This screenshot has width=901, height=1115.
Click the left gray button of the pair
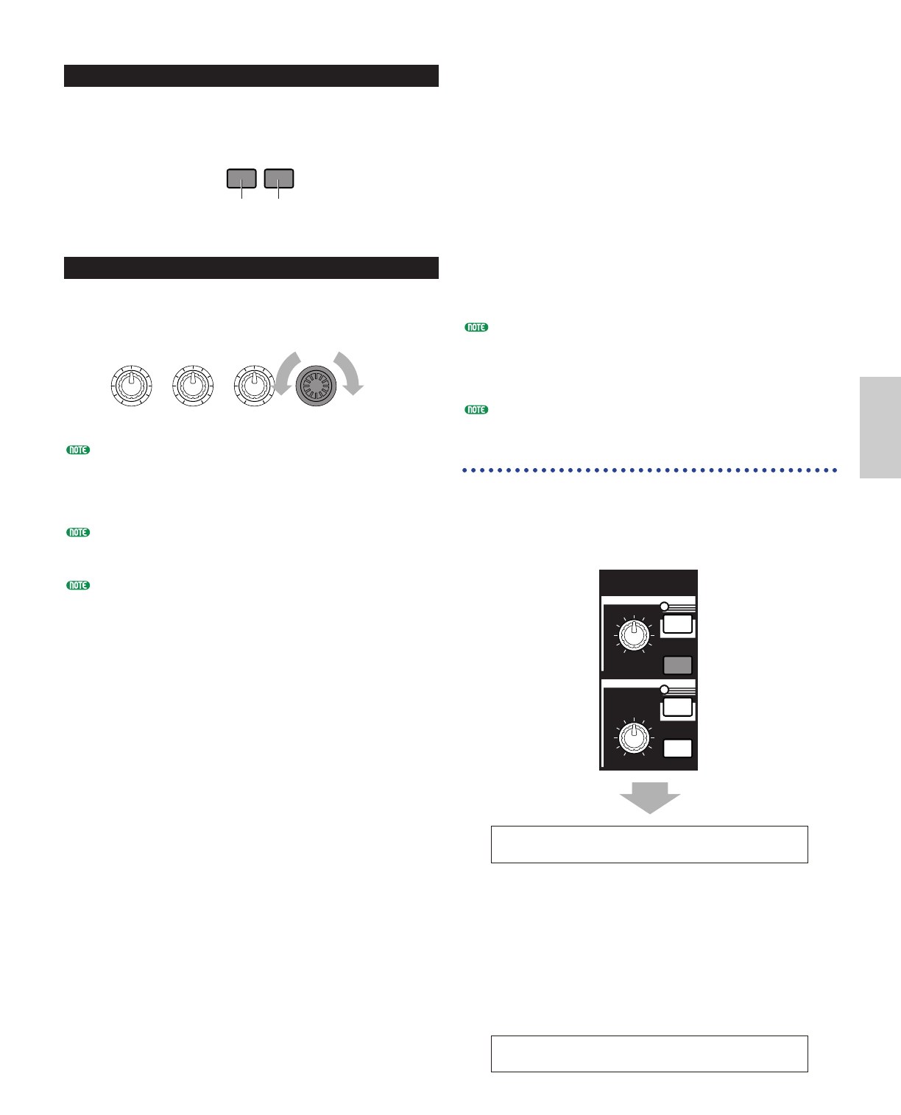[x=241, y=179]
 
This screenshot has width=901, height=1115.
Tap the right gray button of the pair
[x=278, y=179]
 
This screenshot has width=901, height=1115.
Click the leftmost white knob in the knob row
[x=132, y=386]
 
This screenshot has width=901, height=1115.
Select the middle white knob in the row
[x=193, y=386]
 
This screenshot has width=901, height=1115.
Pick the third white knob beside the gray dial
[x=254, y=386]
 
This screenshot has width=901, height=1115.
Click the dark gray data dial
[x=316, y=386]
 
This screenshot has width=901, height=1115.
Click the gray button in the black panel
[x=677, y=665]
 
